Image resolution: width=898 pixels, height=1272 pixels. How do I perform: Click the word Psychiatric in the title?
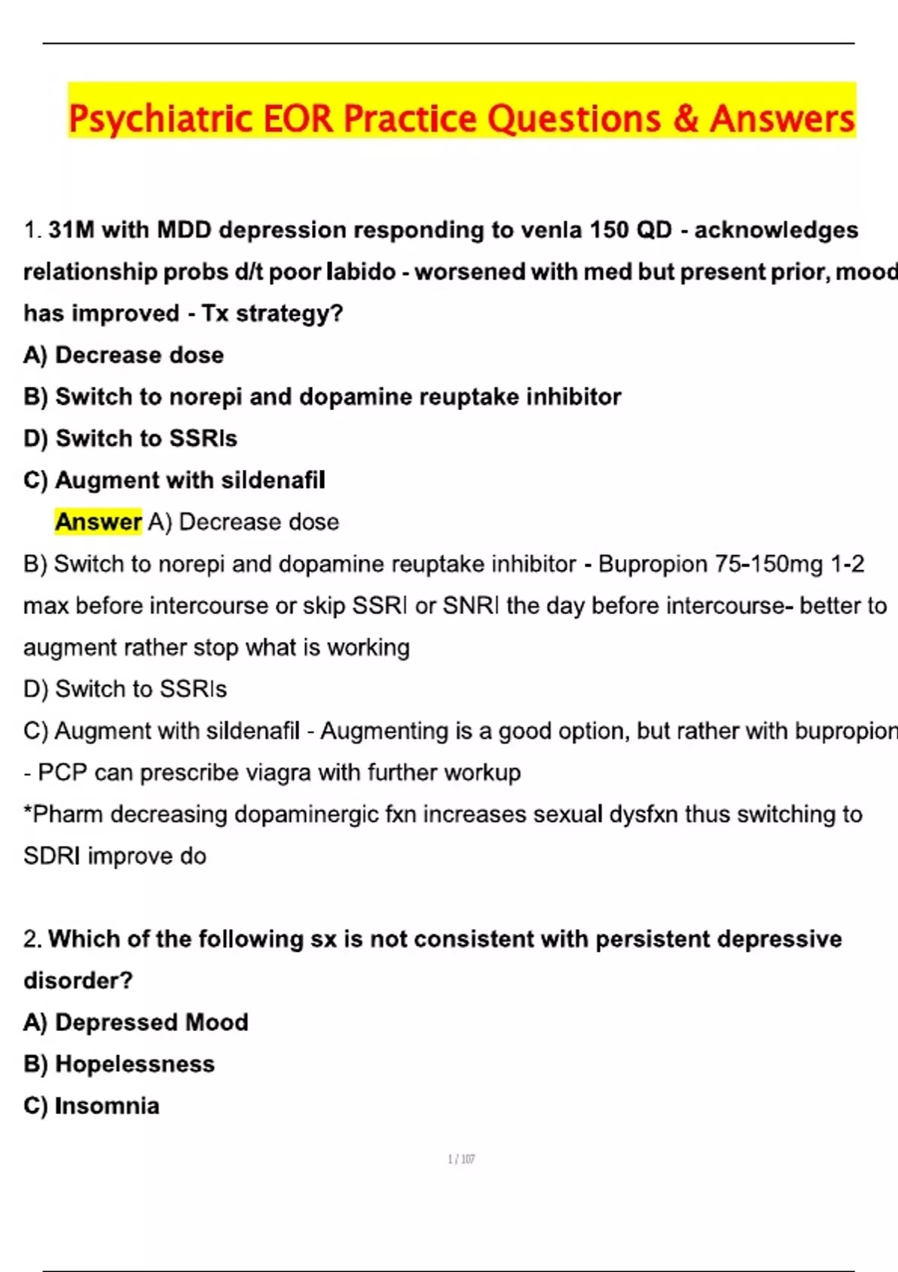point(159,120)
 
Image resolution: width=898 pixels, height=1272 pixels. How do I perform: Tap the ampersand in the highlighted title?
point(685,120)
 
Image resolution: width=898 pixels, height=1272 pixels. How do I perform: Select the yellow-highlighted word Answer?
point(98,522)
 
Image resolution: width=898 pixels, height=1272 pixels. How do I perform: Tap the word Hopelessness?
point(135,1064)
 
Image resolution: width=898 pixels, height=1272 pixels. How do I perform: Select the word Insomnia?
point(107,1106)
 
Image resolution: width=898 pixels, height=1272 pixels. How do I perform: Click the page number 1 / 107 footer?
point(461,1159)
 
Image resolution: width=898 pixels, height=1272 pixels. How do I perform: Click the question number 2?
point(31,939)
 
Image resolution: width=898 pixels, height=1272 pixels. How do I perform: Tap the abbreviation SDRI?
point(52,856)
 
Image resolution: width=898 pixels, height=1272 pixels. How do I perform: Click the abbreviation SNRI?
point(471,605)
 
